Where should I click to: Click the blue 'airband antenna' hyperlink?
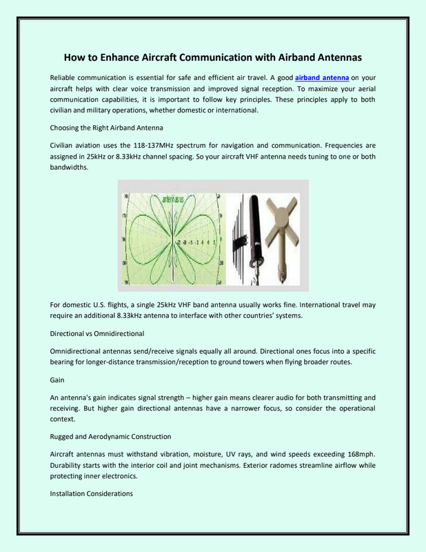pos(322,78)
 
